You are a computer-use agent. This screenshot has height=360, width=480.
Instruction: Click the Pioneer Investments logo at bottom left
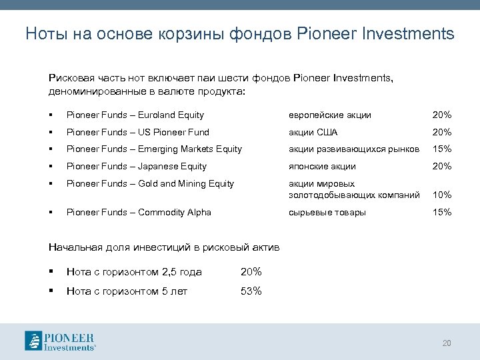(60, 340)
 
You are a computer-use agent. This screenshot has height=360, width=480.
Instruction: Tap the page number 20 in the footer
(447, 343)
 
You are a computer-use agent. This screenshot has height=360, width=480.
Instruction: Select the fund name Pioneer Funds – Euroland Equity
(135, 115)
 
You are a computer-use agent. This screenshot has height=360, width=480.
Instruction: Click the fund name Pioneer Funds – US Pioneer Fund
(137, 132)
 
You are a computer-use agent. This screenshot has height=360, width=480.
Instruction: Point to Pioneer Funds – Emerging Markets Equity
(154, 149)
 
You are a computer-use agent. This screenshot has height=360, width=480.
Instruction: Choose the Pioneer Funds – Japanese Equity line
(136, 167)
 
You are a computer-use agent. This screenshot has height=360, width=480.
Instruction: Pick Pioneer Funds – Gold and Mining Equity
(150, 184)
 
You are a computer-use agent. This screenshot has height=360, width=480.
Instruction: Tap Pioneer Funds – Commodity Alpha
(139, 213)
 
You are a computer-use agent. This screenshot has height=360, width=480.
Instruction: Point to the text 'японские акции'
(322, 167)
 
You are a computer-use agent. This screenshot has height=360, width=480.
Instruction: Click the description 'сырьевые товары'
(327, 213)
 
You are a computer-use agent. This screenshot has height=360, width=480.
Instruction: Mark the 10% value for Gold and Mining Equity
(442, 195)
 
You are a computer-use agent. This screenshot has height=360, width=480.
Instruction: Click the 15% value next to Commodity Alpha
(442, 213)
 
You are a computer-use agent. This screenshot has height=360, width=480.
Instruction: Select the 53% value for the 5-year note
(251, 291)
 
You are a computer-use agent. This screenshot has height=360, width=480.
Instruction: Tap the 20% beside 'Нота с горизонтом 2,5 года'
(251, 272)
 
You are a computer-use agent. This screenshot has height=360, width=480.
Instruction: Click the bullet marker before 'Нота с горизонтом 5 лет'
(51, 291)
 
